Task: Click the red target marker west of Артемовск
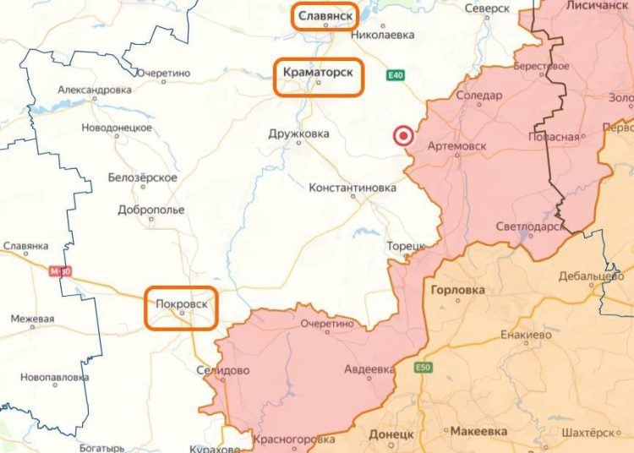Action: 404,135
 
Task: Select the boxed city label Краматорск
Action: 319,74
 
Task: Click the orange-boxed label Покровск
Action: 181,303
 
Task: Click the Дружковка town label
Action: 298,134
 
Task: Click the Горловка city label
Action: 457,290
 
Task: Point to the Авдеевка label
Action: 369,369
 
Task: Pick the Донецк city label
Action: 391,434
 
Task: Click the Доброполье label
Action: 151,210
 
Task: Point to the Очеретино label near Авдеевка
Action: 325,323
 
